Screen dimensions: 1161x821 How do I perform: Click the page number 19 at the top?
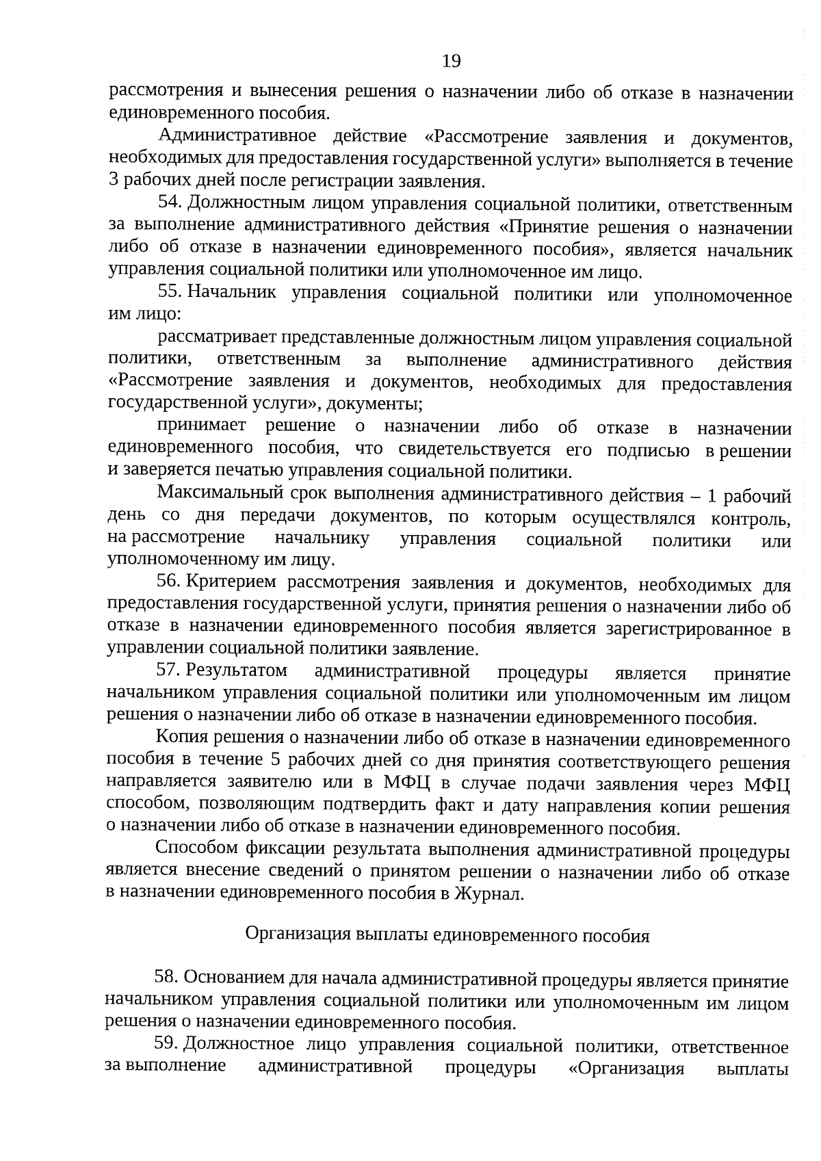click(452, 62)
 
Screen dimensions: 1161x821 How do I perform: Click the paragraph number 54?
click(168, 203)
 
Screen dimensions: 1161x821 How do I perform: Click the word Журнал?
click(489, 894)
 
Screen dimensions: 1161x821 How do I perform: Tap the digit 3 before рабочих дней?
click(114, 181)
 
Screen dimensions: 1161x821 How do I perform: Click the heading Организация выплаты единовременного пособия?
click(447, 935)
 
